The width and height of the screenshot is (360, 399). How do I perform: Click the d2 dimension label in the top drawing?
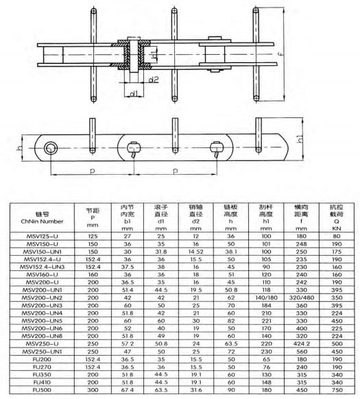pos(154,80)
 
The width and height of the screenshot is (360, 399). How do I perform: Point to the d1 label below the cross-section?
pos(134,94)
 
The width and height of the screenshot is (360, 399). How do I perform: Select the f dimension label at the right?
pos(282,54)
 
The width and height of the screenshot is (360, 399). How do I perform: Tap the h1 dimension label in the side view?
pos(300,138)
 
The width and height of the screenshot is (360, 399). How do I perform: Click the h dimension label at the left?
pos(19,148)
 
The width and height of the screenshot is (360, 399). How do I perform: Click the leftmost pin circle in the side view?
pos(51,148)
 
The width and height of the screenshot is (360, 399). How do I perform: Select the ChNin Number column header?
pos(42,221)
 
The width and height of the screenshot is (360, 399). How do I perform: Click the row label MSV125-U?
pos(43,236)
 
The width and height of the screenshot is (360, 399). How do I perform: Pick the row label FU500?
pos(42,390)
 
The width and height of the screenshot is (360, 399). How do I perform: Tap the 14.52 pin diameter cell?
pos(195,252)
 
